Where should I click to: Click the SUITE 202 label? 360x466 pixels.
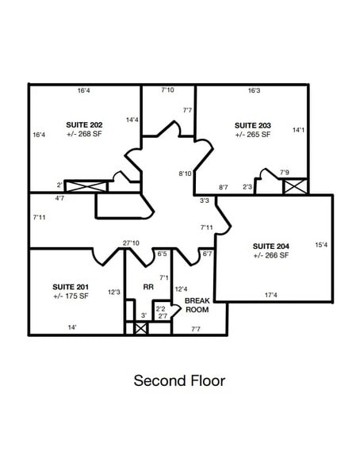point(83,125)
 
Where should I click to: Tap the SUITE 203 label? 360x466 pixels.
point(253,125)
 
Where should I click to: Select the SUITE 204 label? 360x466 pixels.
point(270,246)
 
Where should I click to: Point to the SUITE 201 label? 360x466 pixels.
point(71,286)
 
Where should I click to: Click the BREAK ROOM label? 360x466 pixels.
point(197,306)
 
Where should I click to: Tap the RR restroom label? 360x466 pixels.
point(147,287)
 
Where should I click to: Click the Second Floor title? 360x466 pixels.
point(179,381)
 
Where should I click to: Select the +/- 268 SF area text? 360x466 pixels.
point(83,135)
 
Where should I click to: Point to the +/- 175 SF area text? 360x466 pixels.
point(71,296)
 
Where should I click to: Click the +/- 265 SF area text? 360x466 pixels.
point(253,135)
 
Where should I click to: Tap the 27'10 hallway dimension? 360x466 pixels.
point(131,243)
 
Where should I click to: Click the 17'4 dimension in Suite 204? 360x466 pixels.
point(270,295)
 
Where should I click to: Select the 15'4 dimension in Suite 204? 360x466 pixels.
point(320,244)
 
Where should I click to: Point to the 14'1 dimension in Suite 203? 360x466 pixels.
point(298,129)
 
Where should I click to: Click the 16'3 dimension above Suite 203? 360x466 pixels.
point(254,91)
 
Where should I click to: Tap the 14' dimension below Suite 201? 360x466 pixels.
point(71,327)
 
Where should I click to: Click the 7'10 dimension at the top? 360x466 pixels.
point(167,90)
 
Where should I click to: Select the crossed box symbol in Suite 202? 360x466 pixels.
point(86,186)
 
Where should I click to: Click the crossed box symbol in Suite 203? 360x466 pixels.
point(294,187)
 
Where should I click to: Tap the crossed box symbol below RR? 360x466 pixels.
point(141,327)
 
